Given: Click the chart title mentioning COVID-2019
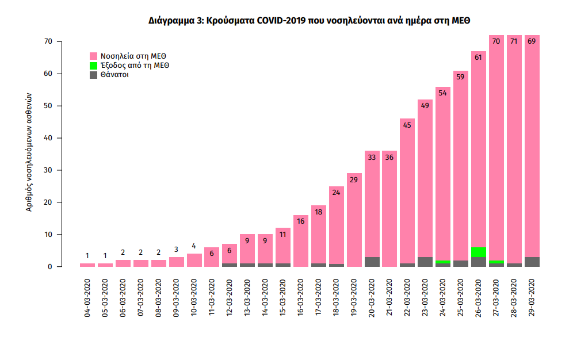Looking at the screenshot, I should (x=310, y=21).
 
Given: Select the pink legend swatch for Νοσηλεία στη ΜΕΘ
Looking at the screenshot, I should (x=94, y=56).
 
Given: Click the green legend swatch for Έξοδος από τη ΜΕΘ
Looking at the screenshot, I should (x=94, y=66).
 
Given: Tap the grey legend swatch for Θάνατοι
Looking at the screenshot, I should (x=94, y=75).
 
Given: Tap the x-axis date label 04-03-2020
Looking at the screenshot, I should (x=87, y=298).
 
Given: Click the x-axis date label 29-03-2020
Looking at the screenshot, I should (x=532, y=298).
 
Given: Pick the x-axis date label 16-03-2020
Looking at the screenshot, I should (x=301, y=298).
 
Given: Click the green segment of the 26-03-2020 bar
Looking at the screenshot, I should (x=479, y=252).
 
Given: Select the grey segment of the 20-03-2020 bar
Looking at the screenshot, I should (x=372, y=262).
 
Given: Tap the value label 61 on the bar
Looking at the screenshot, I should (x=479, y=56).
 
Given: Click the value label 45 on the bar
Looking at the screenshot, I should (x=407, y=124).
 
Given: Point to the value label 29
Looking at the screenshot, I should (x=354, y=179).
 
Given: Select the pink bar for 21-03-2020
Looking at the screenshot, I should (x=389, y=213).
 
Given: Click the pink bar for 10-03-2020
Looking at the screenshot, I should (x=194, y=260).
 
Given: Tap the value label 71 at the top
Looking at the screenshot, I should (x=514, y=41).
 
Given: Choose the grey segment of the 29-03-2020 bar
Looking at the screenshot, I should (x=532, y=262).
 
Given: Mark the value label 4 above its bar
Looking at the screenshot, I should (x=194, y=246).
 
